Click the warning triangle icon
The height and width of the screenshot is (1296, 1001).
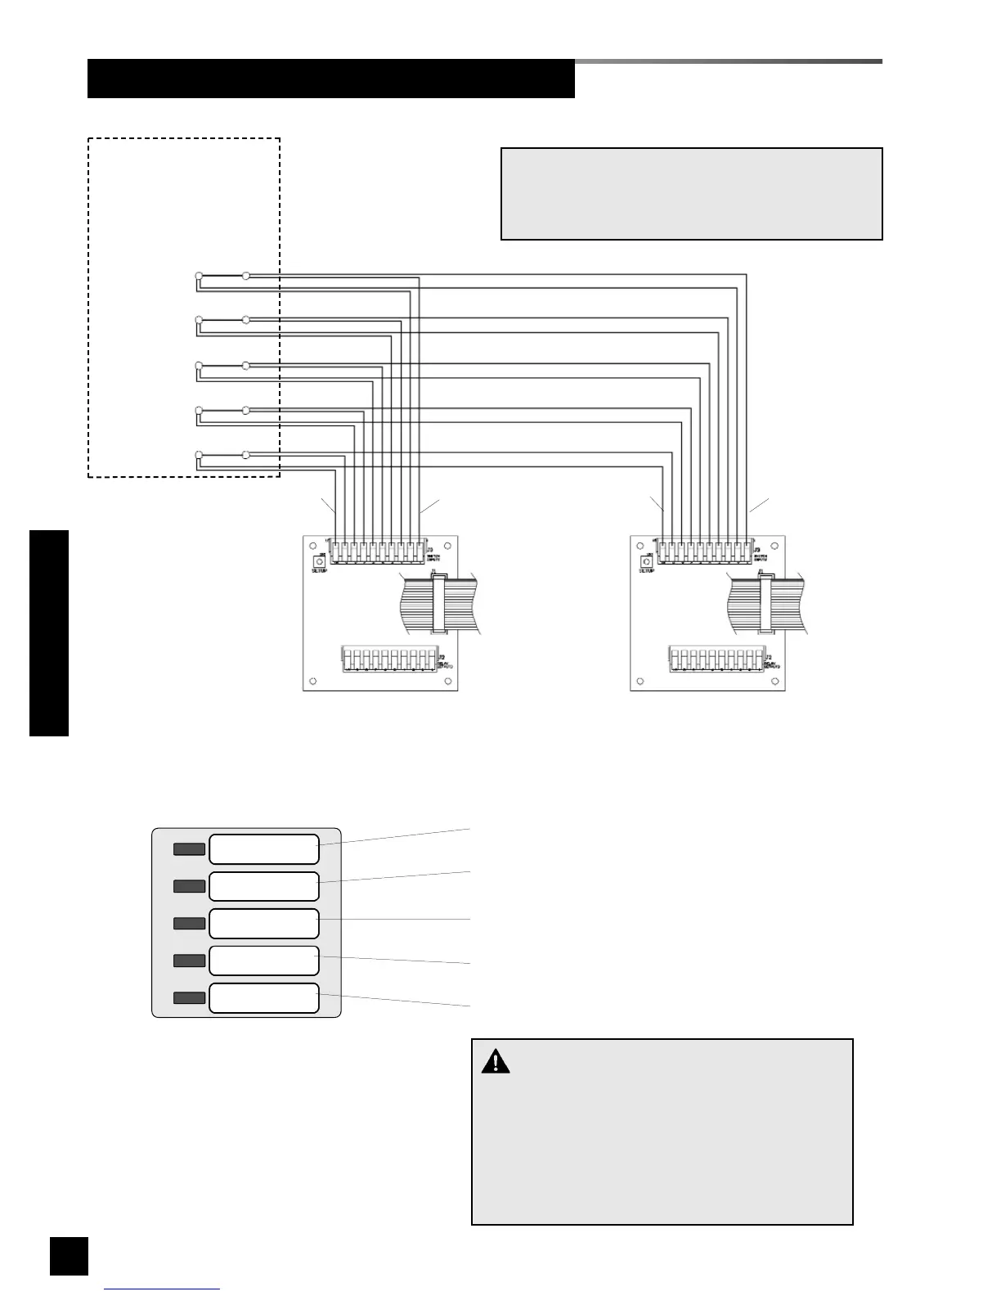pyautogui.click(x=495, y=1062)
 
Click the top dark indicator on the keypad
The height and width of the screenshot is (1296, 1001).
pyautogui.click(x=189, y=849)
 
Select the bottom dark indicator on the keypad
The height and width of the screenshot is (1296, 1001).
pyautogui.click(x=189, y=997)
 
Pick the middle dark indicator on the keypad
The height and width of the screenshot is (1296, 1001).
pyautogui.click(x=189, y=924)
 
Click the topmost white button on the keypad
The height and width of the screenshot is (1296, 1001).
pyautogui.click(x=263, y=849)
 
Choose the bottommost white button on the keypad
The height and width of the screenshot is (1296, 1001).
pyautogui.click(x=263, y=998)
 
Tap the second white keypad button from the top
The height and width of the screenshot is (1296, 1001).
pyautogui.click(x=263, y=886)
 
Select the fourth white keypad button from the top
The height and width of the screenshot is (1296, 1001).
pyautogui.click(x=263, y=961)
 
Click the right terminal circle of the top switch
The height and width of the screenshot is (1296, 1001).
pyautogui.click(x=246, y=276)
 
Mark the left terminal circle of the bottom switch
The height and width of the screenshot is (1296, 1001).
pyautogui.click(x=198, y=454)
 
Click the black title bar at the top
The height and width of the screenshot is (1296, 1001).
pyautogui.click(x=330, y=79)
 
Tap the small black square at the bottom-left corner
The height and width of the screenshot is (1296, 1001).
pyautogui.click(x=69, y=1255)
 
